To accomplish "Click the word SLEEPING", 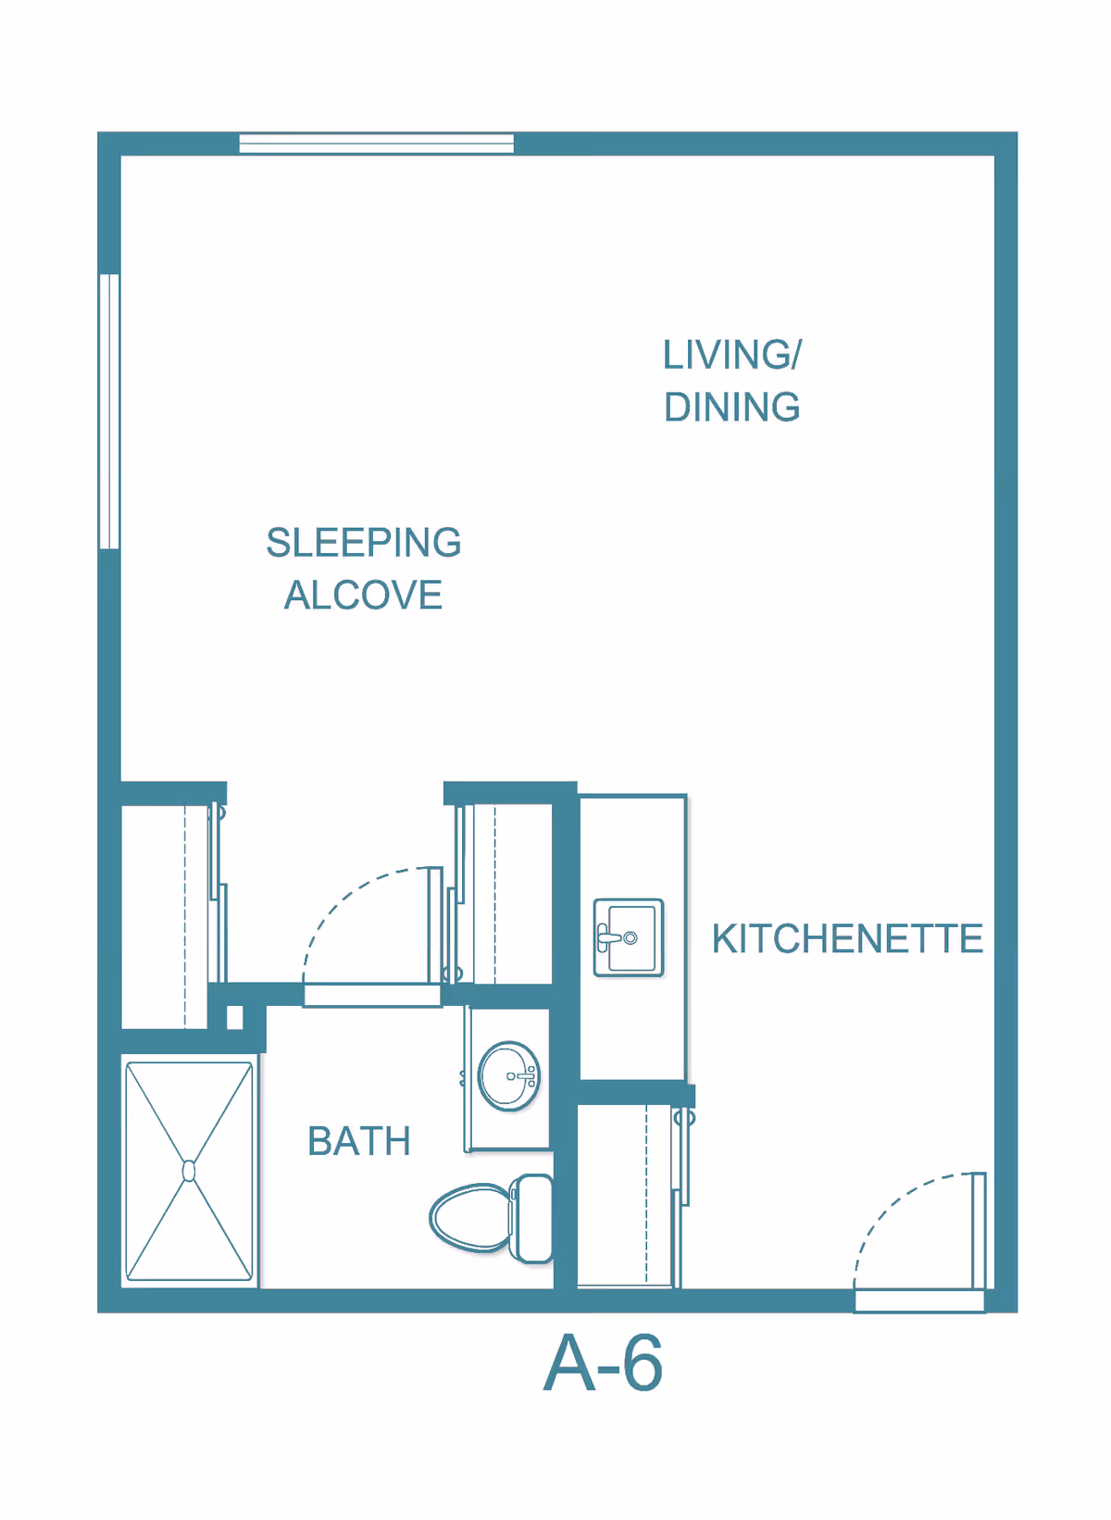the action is coord(364,543).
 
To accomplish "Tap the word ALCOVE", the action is coord(364,595).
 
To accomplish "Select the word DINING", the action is coord(731,407).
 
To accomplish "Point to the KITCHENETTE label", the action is coord(847,938).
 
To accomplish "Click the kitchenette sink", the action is coord(628,937).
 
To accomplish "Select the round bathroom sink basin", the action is coord(509,1076).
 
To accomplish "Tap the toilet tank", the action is coord(531,1219).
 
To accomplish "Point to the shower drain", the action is coord(189,1171).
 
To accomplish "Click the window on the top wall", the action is coord(377,144).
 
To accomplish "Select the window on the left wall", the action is coord(110,411).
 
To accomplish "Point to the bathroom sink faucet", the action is coord(525,1076).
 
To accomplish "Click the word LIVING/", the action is coord(731,354).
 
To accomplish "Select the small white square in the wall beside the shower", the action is coord(234,1018).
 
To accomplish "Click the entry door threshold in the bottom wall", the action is coord(919,1301).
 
